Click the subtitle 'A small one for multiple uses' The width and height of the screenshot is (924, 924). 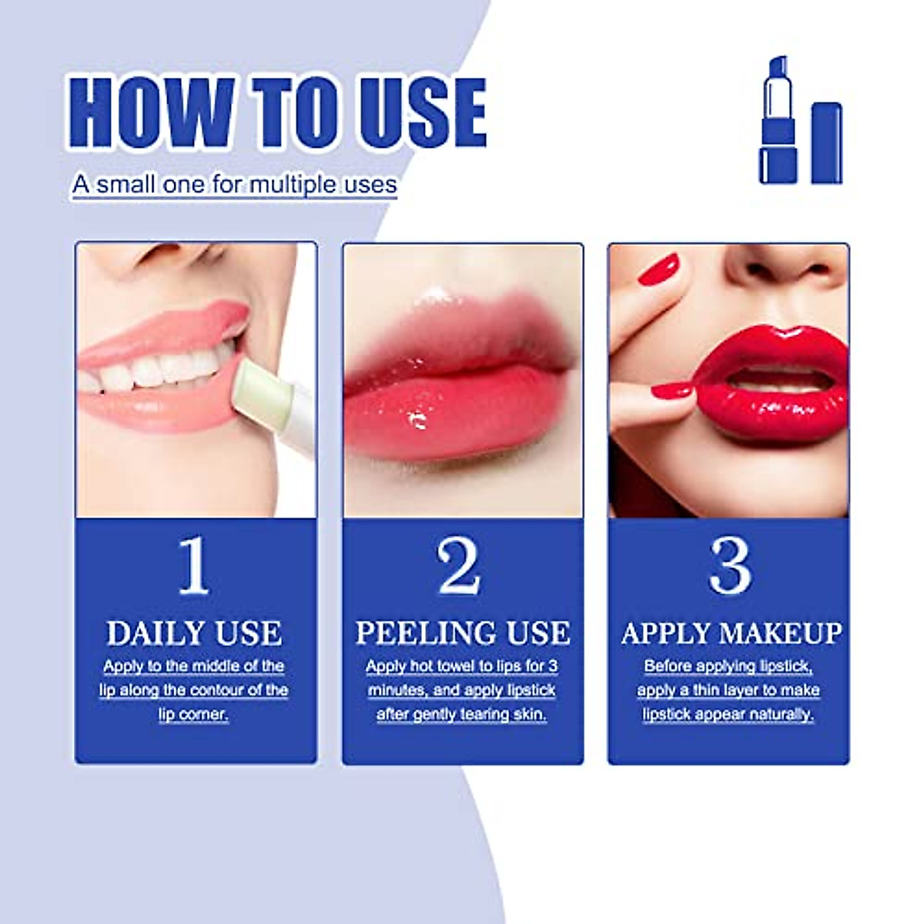pyautogui.click(x=235, y=185)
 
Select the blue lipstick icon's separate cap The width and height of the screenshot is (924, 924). pyautogui.click(x=826, y=143)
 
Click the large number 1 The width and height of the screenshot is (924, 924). pyautogui.click(x=193, y=567)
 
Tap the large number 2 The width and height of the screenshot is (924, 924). pyautogui.click(x=460, y=567)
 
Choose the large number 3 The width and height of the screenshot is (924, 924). pyautogui.click(x=728, y=567)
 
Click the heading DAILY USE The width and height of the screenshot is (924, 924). pyautogui.click(x=194, y=634)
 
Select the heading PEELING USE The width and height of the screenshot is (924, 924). pyautogui.click(x=462, y=634)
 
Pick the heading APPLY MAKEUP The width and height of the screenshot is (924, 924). pyautogui.click(x=730, y=634)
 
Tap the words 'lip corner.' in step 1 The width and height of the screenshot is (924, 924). pyautogui.click(x=194, y=715)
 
